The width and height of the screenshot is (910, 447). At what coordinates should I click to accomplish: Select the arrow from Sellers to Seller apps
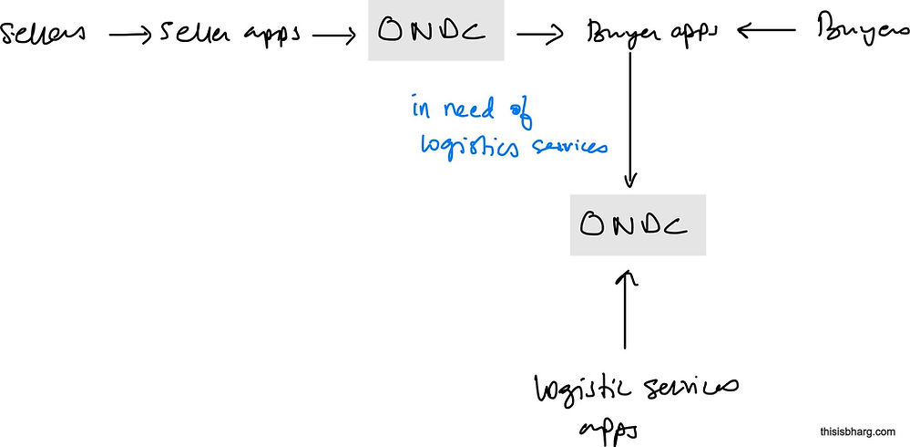click(129, 35)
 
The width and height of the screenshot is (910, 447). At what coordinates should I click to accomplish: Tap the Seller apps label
click(231, 35)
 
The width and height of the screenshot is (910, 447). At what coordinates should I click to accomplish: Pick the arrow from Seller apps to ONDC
click(333, 35)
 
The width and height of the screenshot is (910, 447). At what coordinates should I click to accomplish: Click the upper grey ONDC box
click(435, 31)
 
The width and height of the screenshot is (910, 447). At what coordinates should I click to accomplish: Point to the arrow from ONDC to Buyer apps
click(540, 34)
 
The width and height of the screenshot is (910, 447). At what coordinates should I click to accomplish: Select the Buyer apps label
click(652, 35)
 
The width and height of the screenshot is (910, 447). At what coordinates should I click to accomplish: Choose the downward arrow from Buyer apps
click(630, 119)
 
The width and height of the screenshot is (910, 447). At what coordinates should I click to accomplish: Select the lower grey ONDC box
click(638, 224)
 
